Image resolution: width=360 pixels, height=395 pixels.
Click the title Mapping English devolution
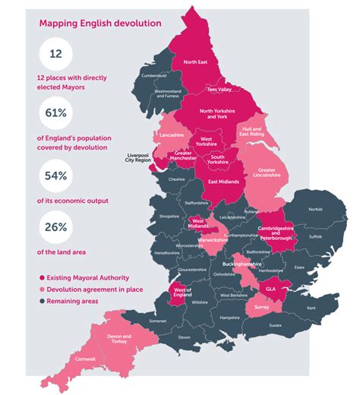pos(100,23)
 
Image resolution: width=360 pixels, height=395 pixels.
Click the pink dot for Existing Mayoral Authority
pos(41,278)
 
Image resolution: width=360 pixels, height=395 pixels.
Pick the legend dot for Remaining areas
pos(41,301)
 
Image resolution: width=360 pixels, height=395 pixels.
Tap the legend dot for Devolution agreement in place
pos(41,289)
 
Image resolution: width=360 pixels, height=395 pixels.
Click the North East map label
pos(195,62)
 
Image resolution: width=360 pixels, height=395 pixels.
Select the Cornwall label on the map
pos(86,358)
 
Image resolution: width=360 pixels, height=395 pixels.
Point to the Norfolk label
pos(316,209)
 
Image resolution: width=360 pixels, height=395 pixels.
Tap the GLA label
pos(271,289)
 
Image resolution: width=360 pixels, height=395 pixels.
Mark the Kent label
pos(311,308)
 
